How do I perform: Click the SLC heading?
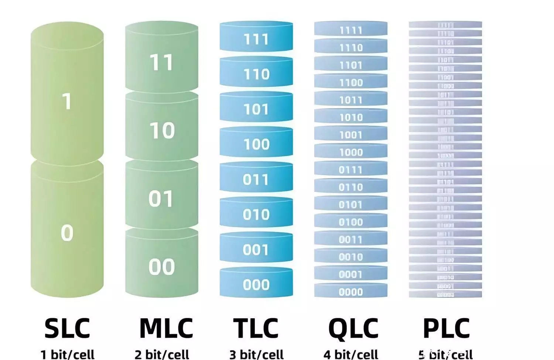pos(67,328)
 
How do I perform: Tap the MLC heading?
pos(166,328)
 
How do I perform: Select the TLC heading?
pos(256,328)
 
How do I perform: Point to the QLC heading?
pos(353,328)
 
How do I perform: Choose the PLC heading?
pos(446,328)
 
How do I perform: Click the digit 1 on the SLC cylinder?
pos(67,101)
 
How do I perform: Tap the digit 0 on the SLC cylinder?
pos(67,233)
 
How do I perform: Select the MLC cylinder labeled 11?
pos(162,62)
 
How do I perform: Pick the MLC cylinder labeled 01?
pos(161,199)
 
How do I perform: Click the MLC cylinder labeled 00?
pos(161,267)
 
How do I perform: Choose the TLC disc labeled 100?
pos(256,144)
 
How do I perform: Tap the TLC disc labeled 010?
pos(256,215)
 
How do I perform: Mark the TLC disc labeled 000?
pos(256,285)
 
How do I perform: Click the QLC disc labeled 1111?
pos(351,30)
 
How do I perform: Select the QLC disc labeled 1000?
pos(351,152)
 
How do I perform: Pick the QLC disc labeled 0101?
pos(351,205)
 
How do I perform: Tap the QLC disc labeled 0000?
pos(351,292)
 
